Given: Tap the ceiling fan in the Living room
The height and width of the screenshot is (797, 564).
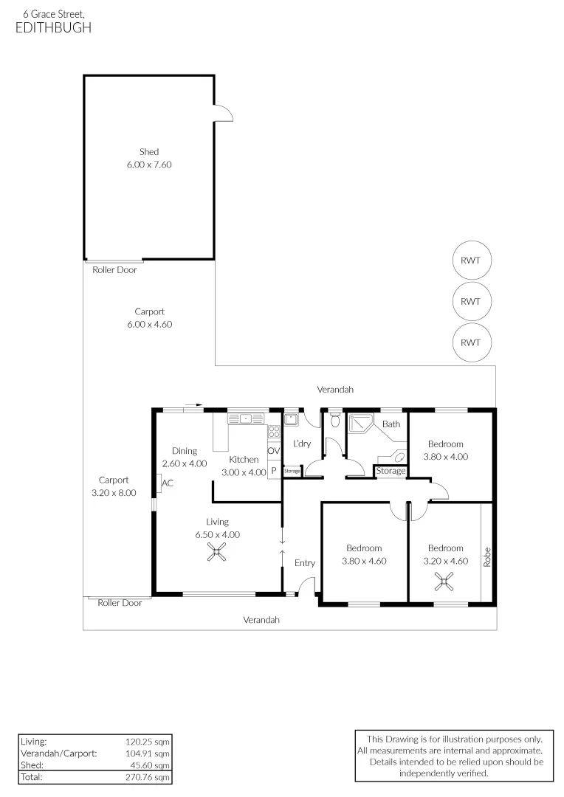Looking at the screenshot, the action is [x=217, y=552].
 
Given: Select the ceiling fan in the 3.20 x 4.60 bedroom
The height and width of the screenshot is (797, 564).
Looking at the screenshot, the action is [x=444, y=582].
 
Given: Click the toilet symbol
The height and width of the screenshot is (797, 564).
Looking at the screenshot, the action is [x=334, y=420].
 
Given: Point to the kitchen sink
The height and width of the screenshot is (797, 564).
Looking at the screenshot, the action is [x=246, y=419].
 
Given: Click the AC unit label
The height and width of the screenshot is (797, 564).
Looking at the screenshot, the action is [x=168, y=483].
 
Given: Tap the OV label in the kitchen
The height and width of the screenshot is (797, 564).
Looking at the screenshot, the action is [x=274, y=451].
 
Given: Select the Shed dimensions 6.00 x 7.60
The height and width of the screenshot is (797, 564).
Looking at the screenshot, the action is [x=149, y=165].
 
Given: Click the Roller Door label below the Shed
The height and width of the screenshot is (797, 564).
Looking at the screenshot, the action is [x=114, y=270].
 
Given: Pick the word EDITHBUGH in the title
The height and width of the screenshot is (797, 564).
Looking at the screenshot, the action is [x=53, y=27].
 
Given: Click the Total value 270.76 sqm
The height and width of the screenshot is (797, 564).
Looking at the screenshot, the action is [x=148, y=777].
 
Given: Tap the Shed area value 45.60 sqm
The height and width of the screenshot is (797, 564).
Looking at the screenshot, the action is [x=150, y=765].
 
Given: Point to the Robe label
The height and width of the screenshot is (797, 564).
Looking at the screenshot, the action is [x=487, y=557].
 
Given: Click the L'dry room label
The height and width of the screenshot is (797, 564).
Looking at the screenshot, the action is [x=302, y=444].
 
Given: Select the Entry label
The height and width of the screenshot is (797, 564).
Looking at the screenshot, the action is [x=305, y=562].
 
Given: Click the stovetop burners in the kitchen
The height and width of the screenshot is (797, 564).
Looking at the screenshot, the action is [x=274, y=432].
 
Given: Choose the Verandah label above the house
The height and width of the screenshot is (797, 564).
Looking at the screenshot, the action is [x=335, y=390].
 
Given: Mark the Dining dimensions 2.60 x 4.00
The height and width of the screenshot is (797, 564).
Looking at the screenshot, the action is [x=185, y=463].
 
